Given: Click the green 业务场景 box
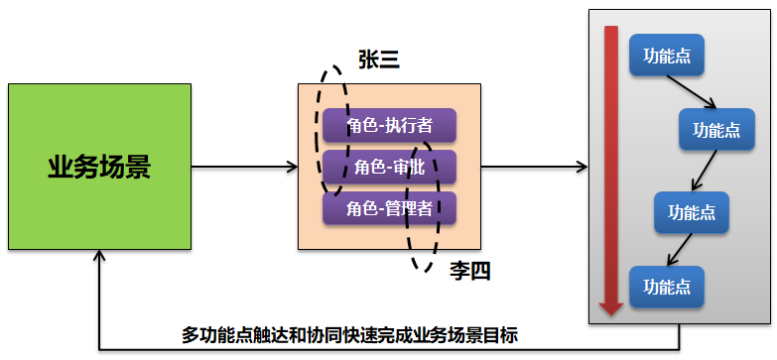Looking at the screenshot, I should pos(98,166).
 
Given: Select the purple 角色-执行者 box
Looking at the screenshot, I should pos(389,126).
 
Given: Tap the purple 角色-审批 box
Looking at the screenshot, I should pos(389,167).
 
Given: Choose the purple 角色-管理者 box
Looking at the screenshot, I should pos(389,208).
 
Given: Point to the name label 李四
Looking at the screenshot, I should pos(469,270).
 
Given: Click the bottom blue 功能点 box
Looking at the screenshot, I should pos(666,287).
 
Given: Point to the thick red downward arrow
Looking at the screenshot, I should pos(611,169).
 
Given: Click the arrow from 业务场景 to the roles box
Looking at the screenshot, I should pos(244,166).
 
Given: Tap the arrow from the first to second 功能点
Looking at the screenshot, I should pos(701,92).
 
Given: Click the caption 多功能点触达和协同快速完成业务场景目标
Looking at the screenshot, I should pos(350,334).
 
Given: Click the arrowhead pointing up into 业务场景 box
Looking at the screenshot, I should pos(98,256).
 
